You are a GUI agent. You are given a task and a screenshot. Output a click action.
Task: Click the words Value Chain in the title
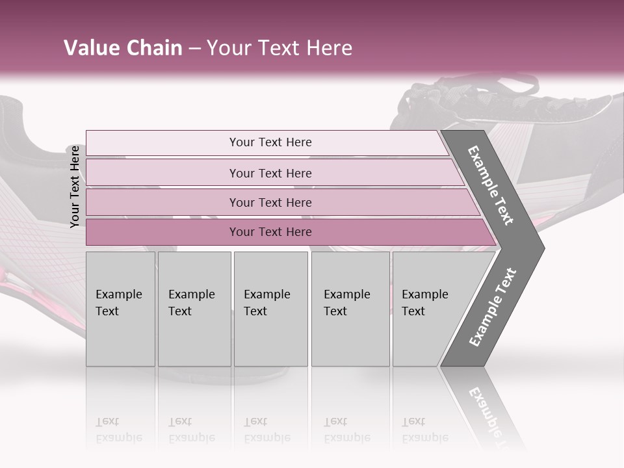[x=123, y=48]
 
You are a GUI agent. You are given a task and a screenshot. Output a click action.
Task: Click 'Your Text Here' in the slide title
[x=279, y=48]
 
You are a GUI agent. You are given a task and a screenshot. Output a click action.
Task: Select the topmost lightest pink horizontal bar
[x=162, y=143]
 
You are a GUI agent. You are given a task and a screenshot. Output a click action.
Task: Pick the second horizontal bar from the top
[x=162, y=173]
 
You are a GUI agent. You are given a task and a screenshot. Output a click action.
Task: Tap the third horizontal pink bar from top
[x=162, y=202]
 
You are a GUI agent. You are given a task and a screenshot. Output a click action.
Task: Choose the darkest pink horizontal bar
[x=162, y=232]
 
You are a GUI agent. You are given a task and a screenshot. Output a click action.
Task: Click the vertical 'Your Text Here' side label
[x=75, y=187]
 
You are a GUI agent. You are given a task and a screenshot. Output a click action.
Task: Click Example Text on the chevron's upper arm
[x=491, y=185]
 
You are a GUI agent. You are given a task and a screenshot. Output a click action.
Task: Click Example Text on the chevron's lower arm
[x=493, y=307]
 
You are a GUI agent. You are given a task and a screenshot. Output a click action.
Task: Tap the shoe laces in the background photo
[x=468, y=97]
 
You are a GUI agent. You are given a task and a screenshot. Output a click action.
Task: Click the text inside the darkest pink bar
[x=270, y=232]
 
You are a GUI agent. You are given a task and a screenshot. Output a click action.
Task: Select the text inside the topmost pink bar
[x=270, y=142]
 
